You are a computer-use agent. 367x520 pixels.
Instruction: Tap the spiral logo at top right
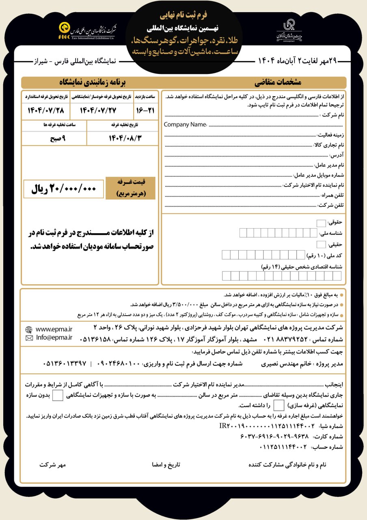[x=289, y=30]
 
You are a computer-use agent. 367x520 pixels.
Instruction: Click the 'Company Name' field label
[x=185, y=125]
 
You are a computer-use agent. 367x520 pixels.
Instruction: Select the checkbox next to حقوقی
[x=321, y=223]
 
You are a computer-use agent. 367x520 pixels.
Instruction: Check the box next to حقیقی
[x=321, y=244]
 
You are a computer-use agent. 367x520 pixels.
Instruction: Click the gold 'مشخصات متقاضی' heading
[x=278, y=83]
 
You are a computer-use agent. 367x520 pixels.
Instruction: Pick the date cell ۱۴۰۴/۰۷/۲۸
[x=45, y=110]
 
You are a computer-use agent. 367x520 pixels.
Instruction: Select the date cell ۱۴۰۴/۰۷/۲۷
[x=100, y=110]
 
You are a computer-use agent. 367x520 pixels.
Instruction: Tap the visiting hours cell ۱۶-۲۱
[x=145, y=110]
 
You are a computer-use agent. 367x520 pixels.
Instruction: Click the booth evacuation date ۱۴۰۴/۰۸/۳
[x=121, y=138]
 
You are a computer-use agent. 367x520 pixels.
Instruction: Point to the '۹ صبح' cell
[x=54, y=138]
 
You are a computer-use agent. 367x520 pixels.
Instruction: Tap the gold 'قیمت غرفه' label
[x=130, y=188]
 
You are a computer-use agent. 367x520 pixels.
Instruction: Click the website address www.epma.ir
[x=54, y=329]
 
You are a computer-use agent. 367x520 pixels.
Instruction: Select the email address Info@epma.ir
[x=54, y=337]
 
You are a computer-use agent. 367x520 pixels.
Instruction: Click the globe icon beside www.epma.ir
[x=29, y=329]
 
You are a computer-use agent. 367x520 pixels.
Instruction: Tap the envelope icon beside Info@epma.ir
[x=29, y=338]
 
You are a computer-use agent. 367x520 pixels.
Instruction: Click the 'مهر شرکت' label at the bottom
[x=52, y=464]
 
